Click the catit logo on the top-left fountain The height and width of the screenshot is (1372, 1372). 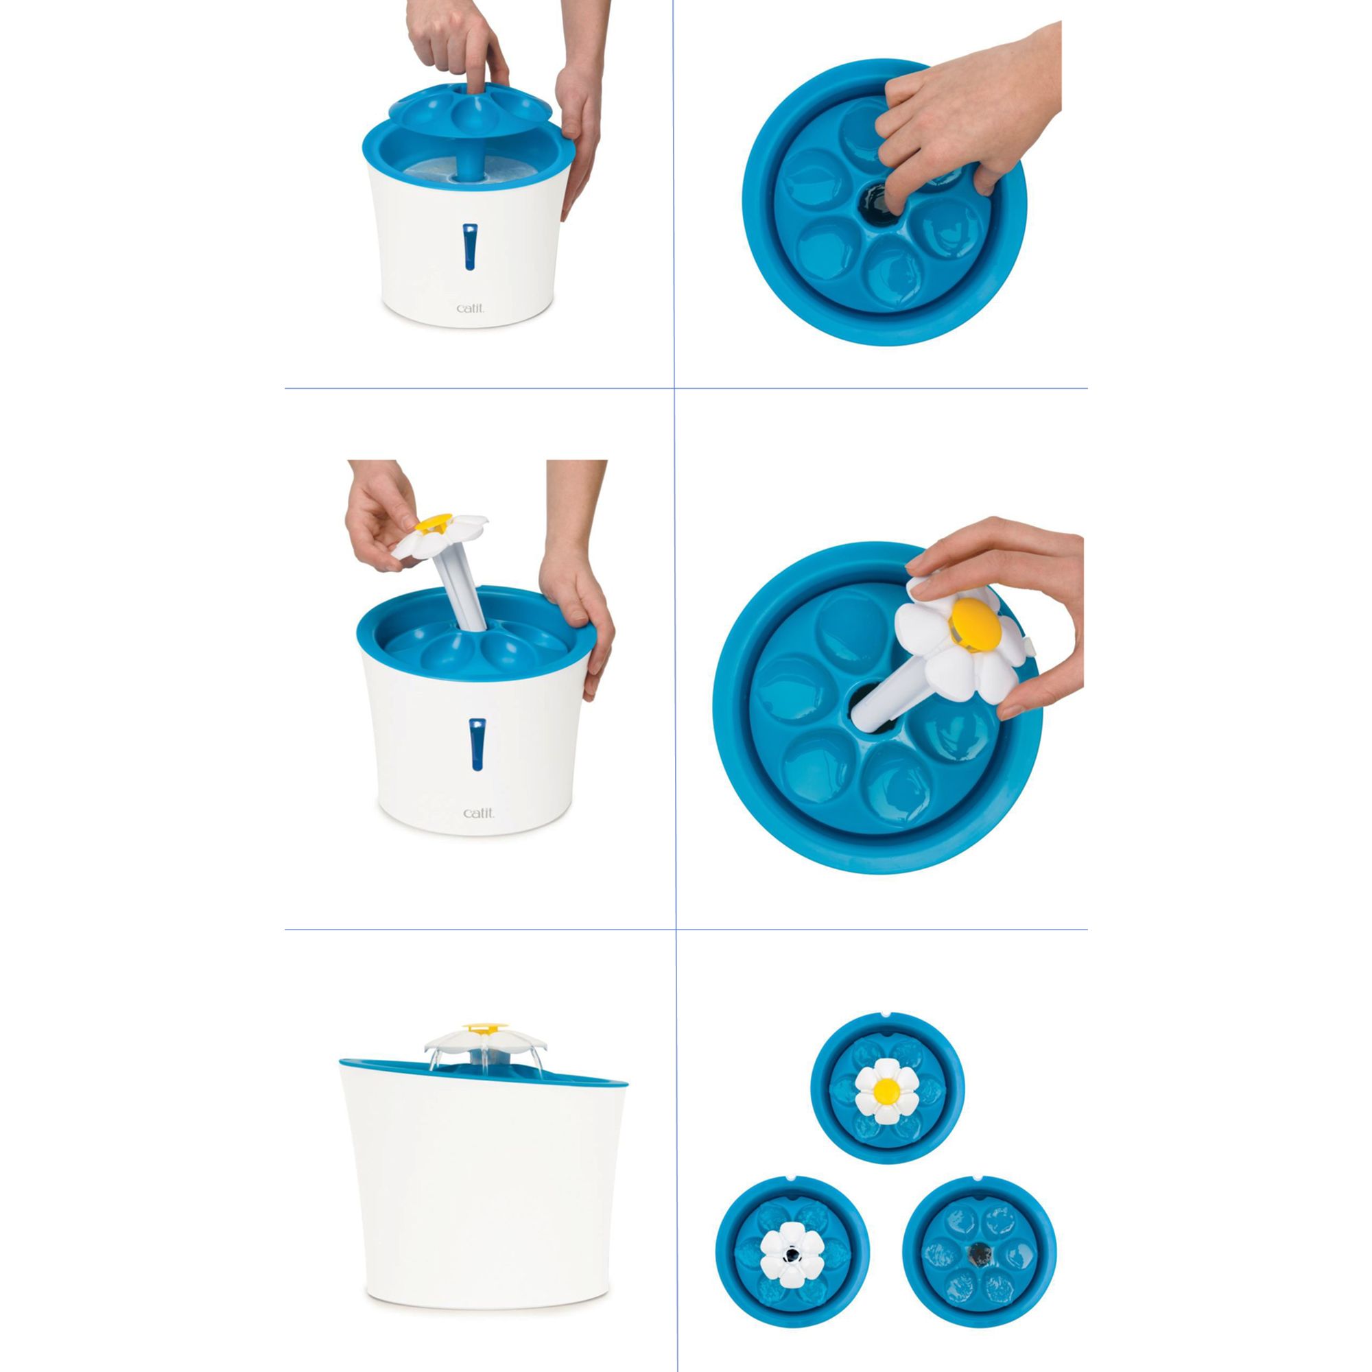click(x=470, y=307)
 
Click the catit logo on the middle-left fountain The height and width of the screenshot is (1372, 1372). click(x=478, y=812)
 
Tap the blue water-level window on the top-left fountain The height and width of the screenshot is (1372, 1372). click(x=469, y=247)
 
